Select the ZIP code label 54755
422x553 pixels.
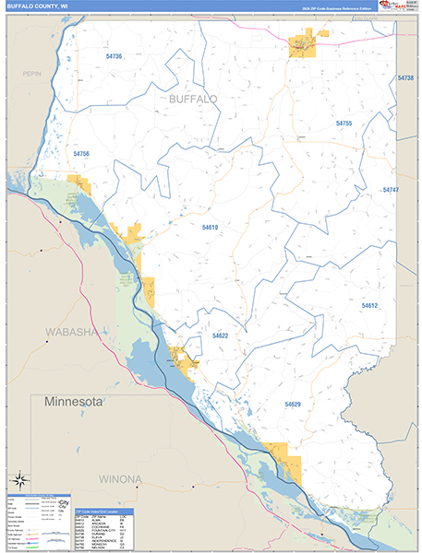point(344,123)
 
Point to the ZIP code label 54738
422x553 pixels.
point(406,78)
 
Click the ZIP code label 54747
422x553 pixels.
point(390,189)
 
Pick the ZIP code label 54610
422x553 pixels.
point(210,227)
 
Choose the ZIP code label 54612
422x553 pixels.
point(369,305)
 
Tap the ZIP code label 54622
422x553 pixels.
point(220,336)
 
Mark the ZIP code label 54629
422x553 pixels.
point(293,405)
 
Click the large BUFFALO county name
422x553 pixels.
point(193,98)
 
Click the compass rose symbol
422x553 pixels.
point(18,480)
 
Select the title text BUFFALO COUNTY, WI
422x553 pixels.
point(37,6)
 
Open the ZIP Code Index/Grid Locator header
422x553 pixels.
point(102,510)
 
